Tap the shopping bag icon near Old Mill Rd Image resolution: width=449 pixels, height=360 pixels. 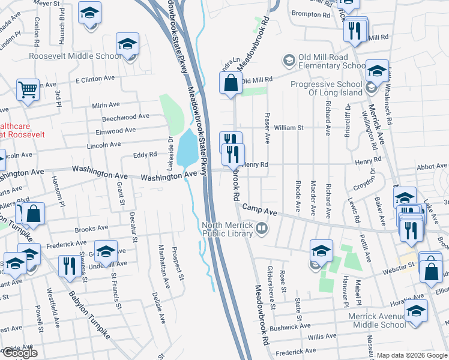[231, 84]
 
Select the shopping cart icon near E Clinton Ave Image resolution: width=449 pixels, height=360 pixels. [28, 90]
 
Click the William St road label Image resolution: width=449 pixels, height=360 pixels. [289, 128]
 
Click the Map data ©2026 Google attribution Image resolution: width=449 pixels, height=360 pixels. [412, 355]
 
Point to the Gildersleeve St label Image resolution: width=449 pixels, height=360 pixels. [271, 296]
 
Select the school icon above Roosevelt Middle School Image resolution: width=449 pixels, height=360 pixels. [127, 44]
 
